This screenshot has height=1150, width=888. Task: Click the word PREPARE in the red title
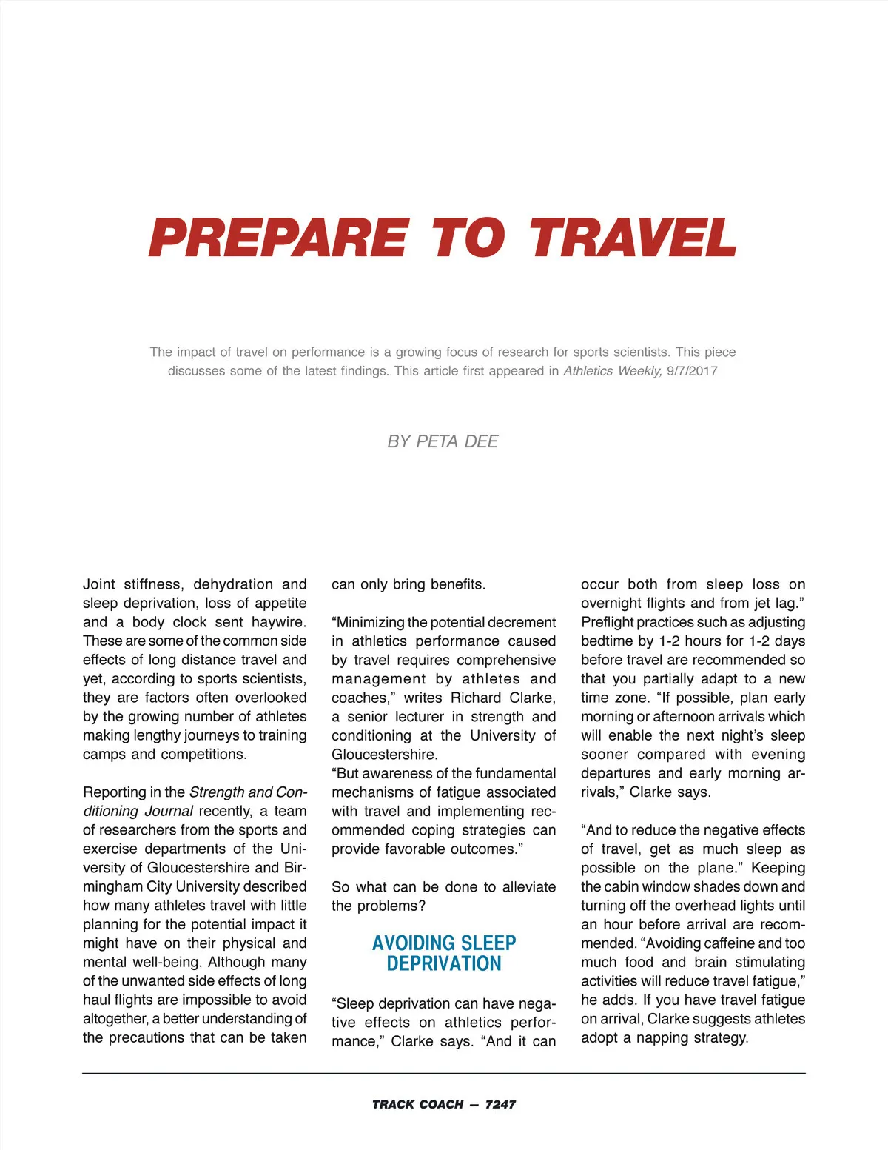[x=278, y=238]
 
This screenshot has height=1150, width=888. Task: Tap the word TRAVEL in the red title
[x=633, y=238]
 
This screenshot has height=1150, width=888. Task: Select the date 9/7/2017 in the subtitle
[x=692, y=371]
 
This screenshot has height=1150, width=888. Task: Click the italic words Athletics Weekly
[x=612, y=371]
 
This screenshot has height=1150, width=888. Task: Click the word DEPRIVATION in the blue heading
[x=444, y=963]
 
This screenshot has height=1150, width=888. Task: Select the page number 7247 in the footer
[x=500, y=1104]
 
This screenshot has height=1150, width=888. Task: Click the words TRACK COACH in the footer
[x=417, y=1104]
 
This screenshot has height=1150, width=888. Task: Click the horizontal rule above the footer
[x=444, y=1073]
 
